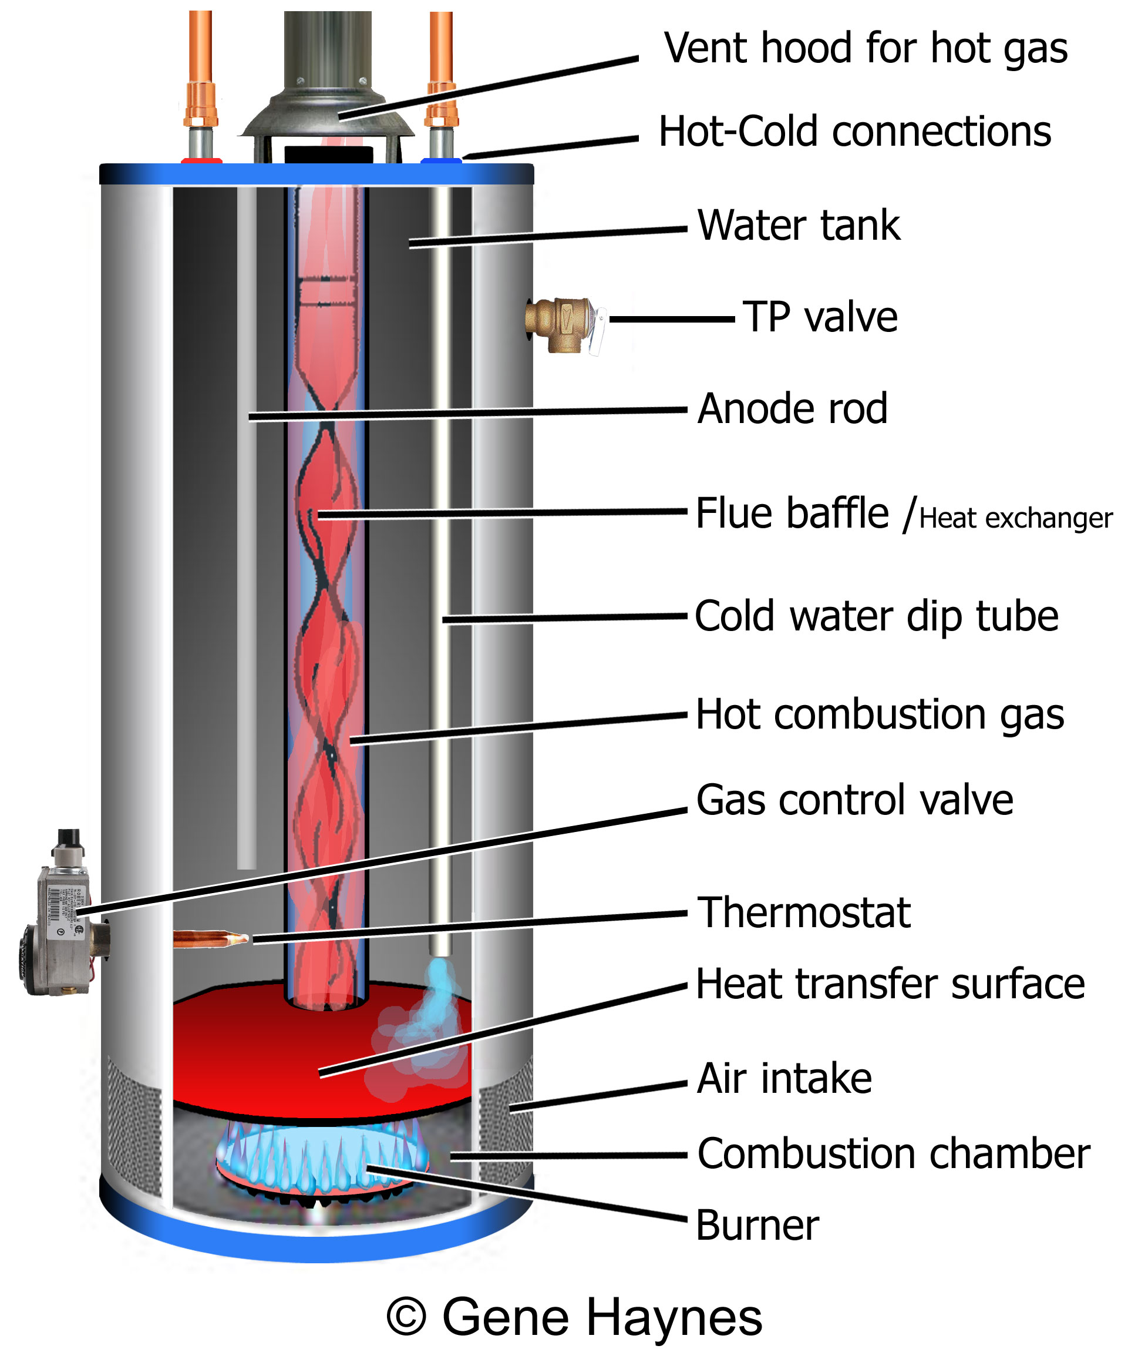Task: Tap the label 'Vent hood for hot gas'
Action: click(866, 49)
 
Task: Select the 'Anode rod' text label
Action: click(792, 409)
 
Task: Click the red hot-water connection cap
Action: click(201, 160)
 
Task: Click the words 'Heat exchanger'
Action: click(1015, 518)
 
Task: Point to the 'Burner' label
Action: click(757, 1225)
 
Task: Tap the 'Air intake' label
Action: click(784, 1078)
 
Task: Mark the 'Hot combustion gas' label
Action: click(880, 714)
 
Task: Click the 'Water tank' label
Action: click(799, 225)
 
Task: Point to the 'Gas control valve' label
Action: click(854, 800)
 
